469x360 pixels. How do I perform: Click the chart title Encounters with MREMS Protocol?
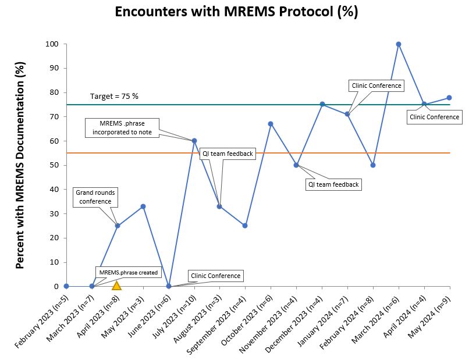[236, 12]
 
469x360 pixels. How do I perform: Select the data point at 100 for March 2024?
[399, 44]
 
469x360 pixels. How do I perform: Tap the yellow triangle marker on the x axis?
[116, 286]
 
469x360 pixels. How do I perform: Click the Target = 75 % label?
[114, 96]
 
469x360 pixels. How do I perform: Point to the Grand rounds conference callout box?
[93, 197]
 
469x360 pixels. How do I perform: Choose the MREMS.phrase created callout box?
[128, 272]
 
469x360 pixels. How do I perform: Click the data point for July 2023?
[194, 141]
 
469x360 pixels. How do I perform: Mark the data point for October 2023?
[271, 124]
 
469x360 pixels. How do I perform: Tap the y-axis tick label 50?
[54, 165]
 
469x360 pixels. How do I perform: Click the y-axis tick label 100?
[52, 44]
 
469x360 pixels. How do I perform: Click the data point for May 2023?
[143, 206]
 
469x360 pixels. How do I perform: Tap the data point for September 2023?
[245, 226]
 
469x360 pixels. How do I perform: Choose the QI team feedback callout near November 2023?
[333, 184]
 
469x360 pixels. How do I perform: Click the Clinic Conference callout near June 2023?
[215, 276]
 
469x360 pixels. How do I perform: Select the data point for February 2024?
[373, 165]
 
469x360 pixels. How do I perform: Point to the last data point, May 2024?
[450, 98]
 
